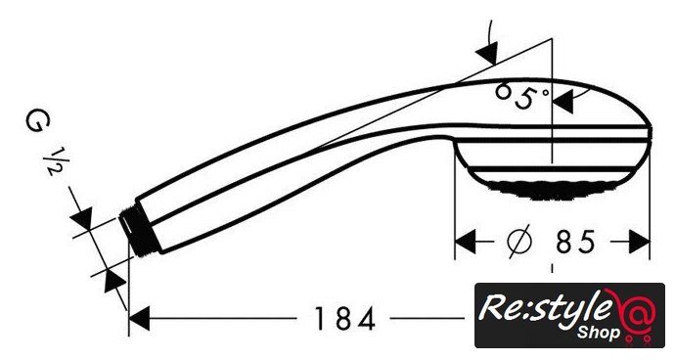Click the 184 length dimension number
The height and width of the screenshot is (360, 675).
(x=344, y=319)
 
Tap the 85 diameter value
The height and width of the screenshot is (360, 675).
(x=575, y=242)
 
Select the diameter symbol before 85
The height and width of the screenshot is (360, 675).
(x=519, y=242)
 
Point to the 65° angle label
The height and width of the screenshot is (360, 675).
(x=521, y=96)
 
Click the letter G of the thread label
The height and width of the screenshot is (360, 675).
(x=38, y=121)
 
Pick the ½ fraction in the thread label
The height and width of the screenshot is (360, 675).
(x=54, y=161)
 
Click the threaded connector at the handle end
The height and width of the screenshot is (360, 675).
(x=138, y=231)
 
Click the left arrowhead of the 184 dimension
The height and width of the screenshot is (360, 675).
(x=139, y=319)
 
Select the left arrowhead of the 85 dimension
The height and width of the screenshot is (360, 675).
(x=466, y=242)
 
